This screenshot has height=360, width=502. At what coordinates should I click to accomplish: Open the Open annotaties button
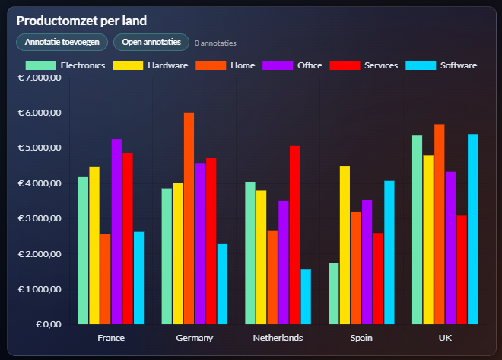(151, 42)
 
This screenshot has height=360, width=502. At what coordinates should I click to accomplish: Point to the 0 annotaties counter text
(215, 43)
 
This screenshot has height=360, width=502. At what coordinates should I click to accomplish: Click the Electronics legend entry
(65, 65)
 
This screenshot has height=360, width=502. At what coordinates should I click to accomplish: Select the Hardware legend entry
(151, 65)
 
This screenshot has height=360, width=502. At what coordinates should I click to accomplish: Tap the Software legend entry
(442, 65)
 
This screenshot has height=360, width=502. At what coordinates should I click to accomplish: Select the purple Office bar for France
(116, 232)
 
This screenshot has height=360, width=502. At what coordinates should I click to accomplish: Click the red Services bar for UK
(462, 270)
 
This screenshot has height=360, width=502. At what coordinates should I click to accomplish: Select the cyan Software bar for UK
(473, 229)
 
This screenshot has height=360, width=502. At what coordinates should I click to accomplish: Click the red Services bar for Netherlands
(294, 235)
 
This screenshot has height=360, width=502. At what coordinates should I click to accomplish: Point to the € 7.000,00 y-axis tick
(39, 78)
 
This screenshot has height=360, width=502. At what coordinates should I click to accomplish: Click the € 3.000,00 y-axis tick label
(39, 218)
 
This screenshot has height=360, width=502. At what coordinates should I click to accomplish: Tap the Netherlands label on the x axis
(278, 338)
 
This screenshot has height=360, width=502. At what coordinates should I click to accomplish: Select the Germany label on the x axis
(194, 338)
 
